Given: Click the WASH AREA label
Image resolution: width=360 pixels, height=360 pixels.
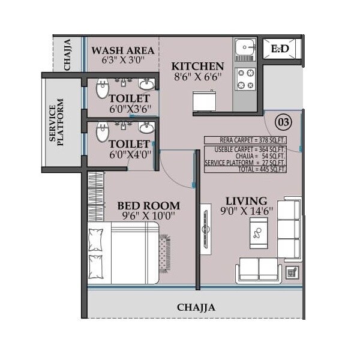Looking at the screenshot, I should [x=122, y=50].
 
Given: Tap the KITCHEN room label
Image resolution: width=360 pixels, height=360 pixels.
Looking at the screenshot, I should [x=198, y=66].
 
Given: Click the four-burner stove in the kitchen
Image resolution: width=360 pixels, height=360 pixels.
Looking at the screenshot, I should [x=245, y=79].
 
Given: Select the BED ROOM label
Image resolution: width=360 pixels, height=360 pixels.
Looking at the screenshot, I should [x=148, y=206].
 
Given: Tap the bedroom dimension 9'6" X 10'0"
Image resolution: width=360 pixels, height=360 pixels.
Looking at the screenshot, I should [x=148, y=217].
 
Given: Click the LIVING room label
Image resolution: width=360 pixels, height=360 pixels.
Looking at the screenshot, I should [x=246, y=200].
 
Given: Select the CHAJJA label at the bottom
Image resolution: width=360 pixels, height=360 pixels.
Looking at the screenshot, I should [x=196, y=307].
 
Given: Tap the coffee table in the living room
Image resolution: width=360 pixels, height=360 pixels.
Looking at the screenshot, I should [x=259, y=233].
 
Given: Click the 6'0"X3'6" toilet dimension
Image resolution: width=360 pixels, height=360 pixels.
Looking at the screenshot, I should [x=129, y=109].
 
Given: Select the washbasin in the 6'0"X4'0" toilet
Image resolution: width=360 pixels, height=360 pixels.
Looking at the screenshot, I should [x=146, y=128].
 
